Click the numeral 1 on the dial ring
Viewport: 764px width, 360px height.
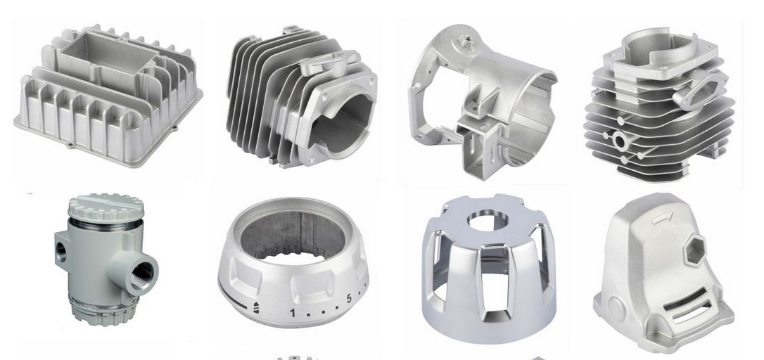click(x=293, y=312)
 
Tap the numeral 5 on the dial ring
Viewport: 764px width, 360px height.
click(x=349, y=298)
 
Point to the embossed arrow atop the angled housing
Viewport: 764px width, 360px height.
click(x=663, y=217)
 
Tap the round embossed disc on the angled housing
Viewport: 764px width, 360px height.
click(x=616, y=309)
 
